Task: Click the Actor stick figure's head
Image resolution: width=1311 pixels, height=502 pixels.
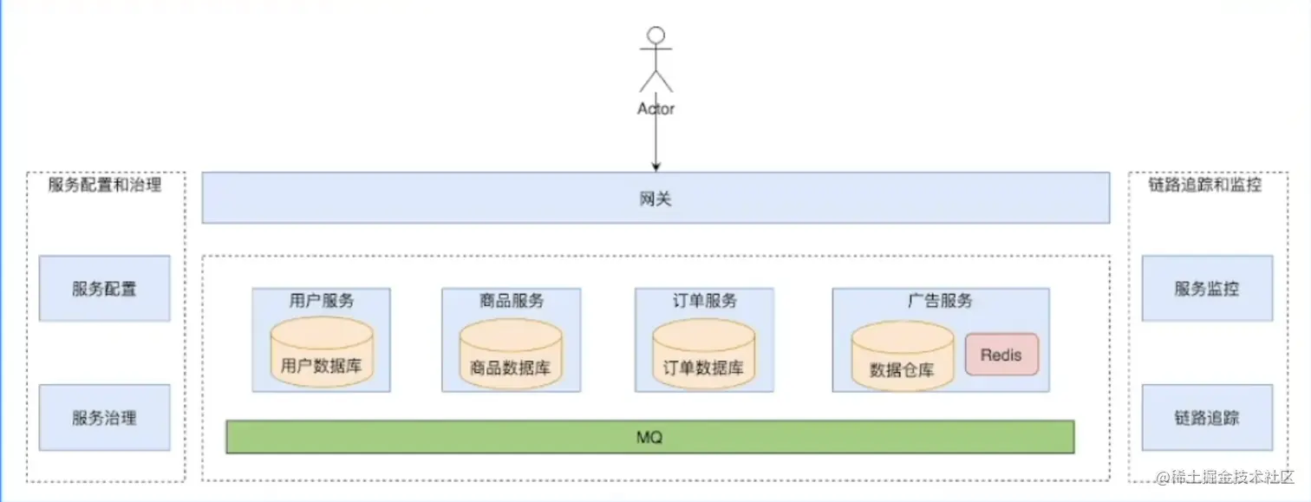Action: (x=656, y=36)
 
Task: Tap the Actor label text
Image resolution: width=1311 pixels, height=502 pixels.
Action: (x=655, y=108)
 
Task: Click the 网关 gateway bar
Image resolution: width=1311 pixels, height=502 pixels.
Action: (x=655, y=199)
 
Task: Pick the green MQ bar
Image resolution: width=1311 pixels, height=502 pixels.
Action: (x=649, y=437)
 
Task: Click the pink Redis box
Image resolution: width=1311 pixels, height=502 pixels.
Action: (x=1001, y=355)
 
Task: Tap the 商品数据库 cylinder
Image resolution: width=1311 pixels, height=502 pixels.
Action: (x=511, y=355)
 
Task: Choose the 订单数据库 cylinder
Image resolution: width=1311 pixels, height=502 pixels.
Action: (x=703, y=355)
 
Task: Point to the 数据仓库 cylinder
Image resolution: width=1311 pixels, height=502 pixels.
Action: (x=902, y=357)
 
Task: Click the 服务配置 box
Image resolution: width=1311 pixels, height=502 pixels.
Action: (x=104, y=289)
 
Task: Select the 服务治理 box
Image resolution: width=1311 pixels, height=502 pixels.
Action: (x=104, y=418)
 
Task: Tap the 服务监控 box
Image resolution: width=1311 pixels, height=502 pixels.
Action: (x=1207, y=289)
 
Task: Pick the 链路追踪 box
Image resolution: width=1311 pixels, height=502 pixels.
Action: (x=1207, y=418)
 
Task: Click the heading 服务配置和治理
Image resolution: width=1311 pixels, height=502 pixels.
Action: (x=105, y=185)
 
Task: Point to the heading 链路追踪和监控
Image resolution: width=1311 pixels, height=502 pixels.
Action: (x=1205, y=185)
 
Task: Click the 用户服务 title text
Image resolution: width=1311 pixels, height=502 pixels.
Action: (x=321, y=301)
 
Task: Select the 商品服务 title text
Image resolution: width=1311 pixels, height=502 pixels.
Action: (x=511, y=301)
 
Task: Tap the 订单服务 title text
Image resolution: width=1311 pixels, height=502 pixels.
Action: (x=704, y=301)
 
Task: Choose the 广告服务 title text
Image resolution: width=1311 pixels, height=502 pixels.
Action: (x=940, y=301)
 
